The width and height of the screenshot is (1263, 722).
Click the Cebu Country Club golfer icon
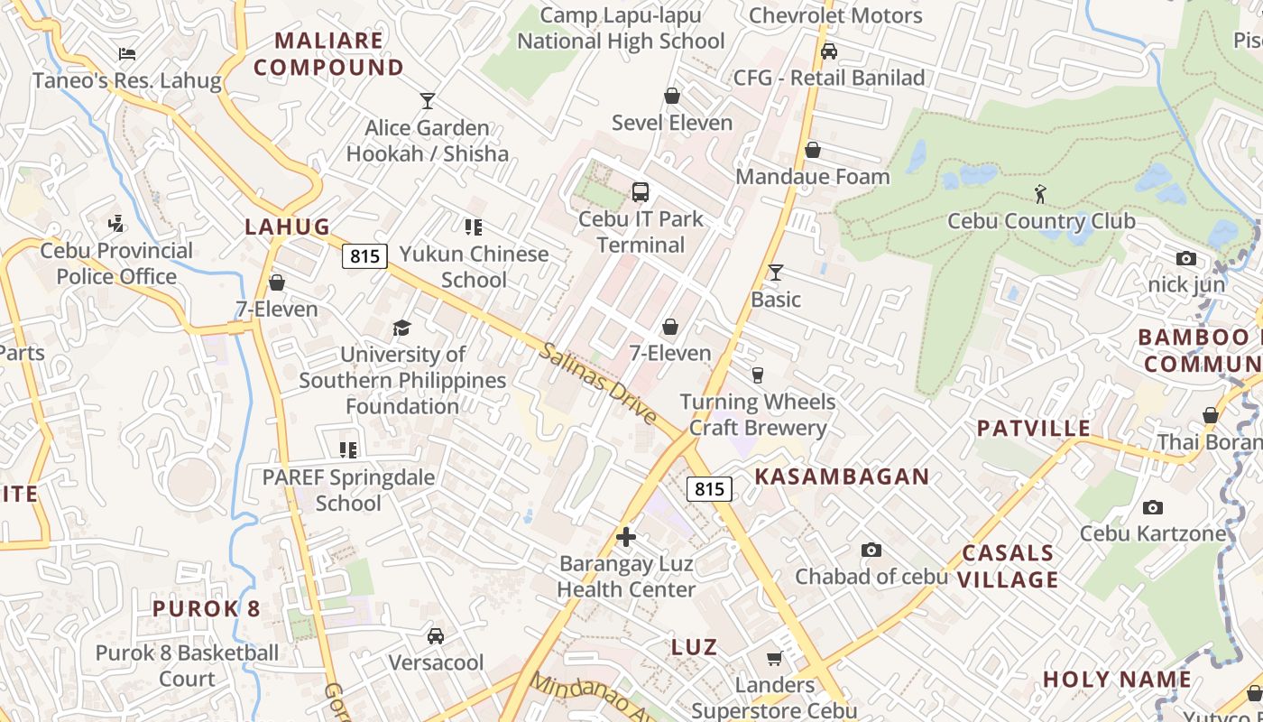tap(1040, 193)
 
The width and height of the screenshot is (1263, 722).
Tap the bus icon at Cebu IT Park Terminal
tap(641, 191)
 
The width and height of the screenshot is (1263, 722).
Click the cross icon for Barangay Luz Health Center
tap(626, 537)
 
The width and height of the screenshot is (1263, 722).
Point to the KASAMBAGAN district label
tap(842, 477)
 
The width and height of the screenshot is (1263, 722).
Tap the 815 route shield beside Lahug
tap(364, 256)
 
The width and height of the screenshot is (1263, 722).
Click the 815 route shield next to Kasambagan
tap(709, 489)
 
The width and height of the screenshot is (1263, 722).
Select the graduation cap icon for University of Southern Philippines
tap(401, 328)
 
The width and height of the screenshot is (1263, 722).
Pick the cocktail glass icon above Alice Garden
tap(428, 101)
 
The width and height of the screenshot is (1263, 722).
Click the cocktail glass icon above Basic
tap(776, 272)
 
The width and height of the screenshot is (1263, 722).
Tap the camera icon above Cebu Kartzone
tap(1152, 507)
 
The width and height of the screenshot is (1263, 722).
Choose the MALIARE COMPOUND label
tap(329, 54)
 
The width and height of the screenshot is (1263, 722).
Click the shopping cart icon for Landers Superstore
tap(774, 658)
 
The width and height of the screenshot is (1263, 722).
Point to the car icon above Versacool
tap(436, 636)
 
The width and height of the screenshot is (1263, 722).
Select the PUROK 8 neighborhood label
tap(207, 608)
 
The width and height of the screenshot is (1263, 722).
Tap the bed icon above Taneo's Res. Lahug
tap(127, 54)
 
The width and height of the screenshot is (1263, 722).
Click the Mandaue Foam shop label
tap(813, 176)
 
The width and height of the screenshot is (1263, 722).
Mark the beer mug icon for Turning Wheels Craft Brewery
tap(758, 375)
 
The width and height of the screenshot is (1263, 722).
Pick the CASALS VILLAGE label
tap(1008, 566)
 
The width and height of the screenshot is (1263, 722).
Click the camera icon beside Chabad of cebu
tap(871, 550)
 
